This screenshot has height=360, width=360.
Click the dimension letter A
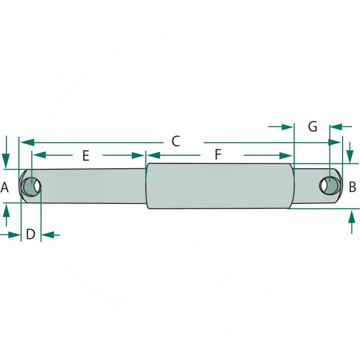(4, 187)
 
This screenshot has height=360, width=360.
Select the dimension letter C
(175, 141)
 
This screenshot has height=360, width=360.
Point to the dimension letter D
(31, 234)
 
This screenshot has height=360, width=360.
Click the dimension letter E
(85, 156)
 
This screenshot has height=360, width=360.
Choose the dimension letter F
(218, 154)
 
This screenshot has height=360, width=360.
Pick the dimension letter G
(313, 126)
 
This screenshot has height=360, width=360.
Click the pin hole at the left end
(31, 187)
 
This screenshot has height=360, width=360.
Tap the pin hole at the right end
(329, 185)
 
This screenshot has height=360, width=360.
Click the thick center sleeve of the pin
(220, 186)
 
